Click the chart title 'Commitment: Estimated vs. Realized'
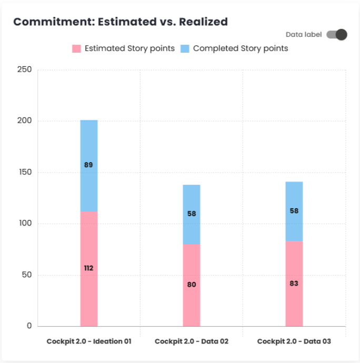tap(121, 22)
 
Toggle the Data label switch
tap(336, 35)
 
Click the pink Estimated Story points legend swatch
tap(76, 48)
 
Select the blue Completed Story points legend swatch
tap(185, 48)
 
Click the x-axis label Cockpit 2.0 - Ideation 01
tap(88, 341)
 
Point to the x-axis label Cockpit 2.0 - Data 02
tap(192, 341)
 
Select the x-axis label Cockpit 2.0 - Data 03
tap(294, 341)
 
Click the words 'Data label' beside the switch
tap(304, 35)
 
